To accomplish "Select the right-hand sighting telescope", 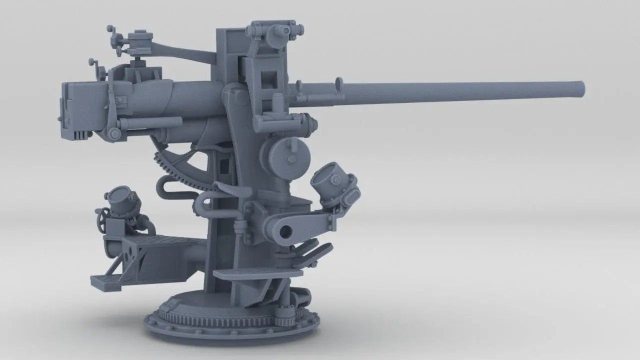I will (333, 183).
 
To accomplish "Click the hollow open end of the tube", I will (286, 230).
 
